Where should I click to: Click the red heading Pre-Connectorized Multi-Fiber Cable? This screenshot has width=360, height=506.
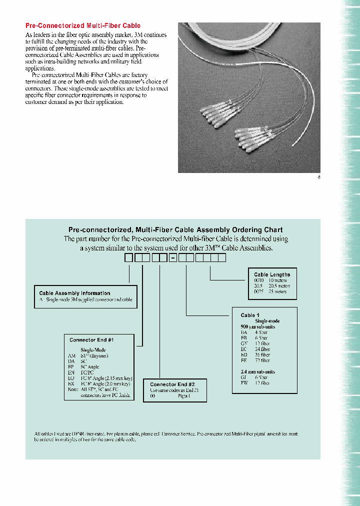[82, 25]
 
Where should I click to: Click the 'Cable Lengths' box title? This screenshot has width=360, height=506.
[271, 274]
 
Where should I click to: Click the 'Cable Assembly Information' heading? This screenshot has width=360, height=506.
[74, 293]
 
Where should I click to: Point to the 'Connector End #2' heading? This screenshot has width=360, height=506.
[172, 384]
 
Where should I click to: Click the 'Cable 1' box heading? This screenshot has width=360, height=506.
[250, 315]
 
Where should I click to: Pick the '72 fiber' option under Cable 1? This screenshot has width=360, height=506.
[262, 360]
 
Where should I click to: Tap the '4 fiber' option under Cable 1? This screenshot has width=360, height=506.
[261, 332]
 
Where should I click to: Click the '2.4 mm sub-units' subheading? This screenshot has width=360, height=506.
[258, 372]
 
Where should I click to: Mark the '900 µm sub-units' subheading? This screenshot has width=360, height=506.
[258, 326]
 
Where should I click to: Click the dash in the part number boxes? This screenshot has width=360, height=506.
[173, 258]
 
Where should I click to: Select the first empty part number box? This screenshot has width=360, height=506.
[129, 258]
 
